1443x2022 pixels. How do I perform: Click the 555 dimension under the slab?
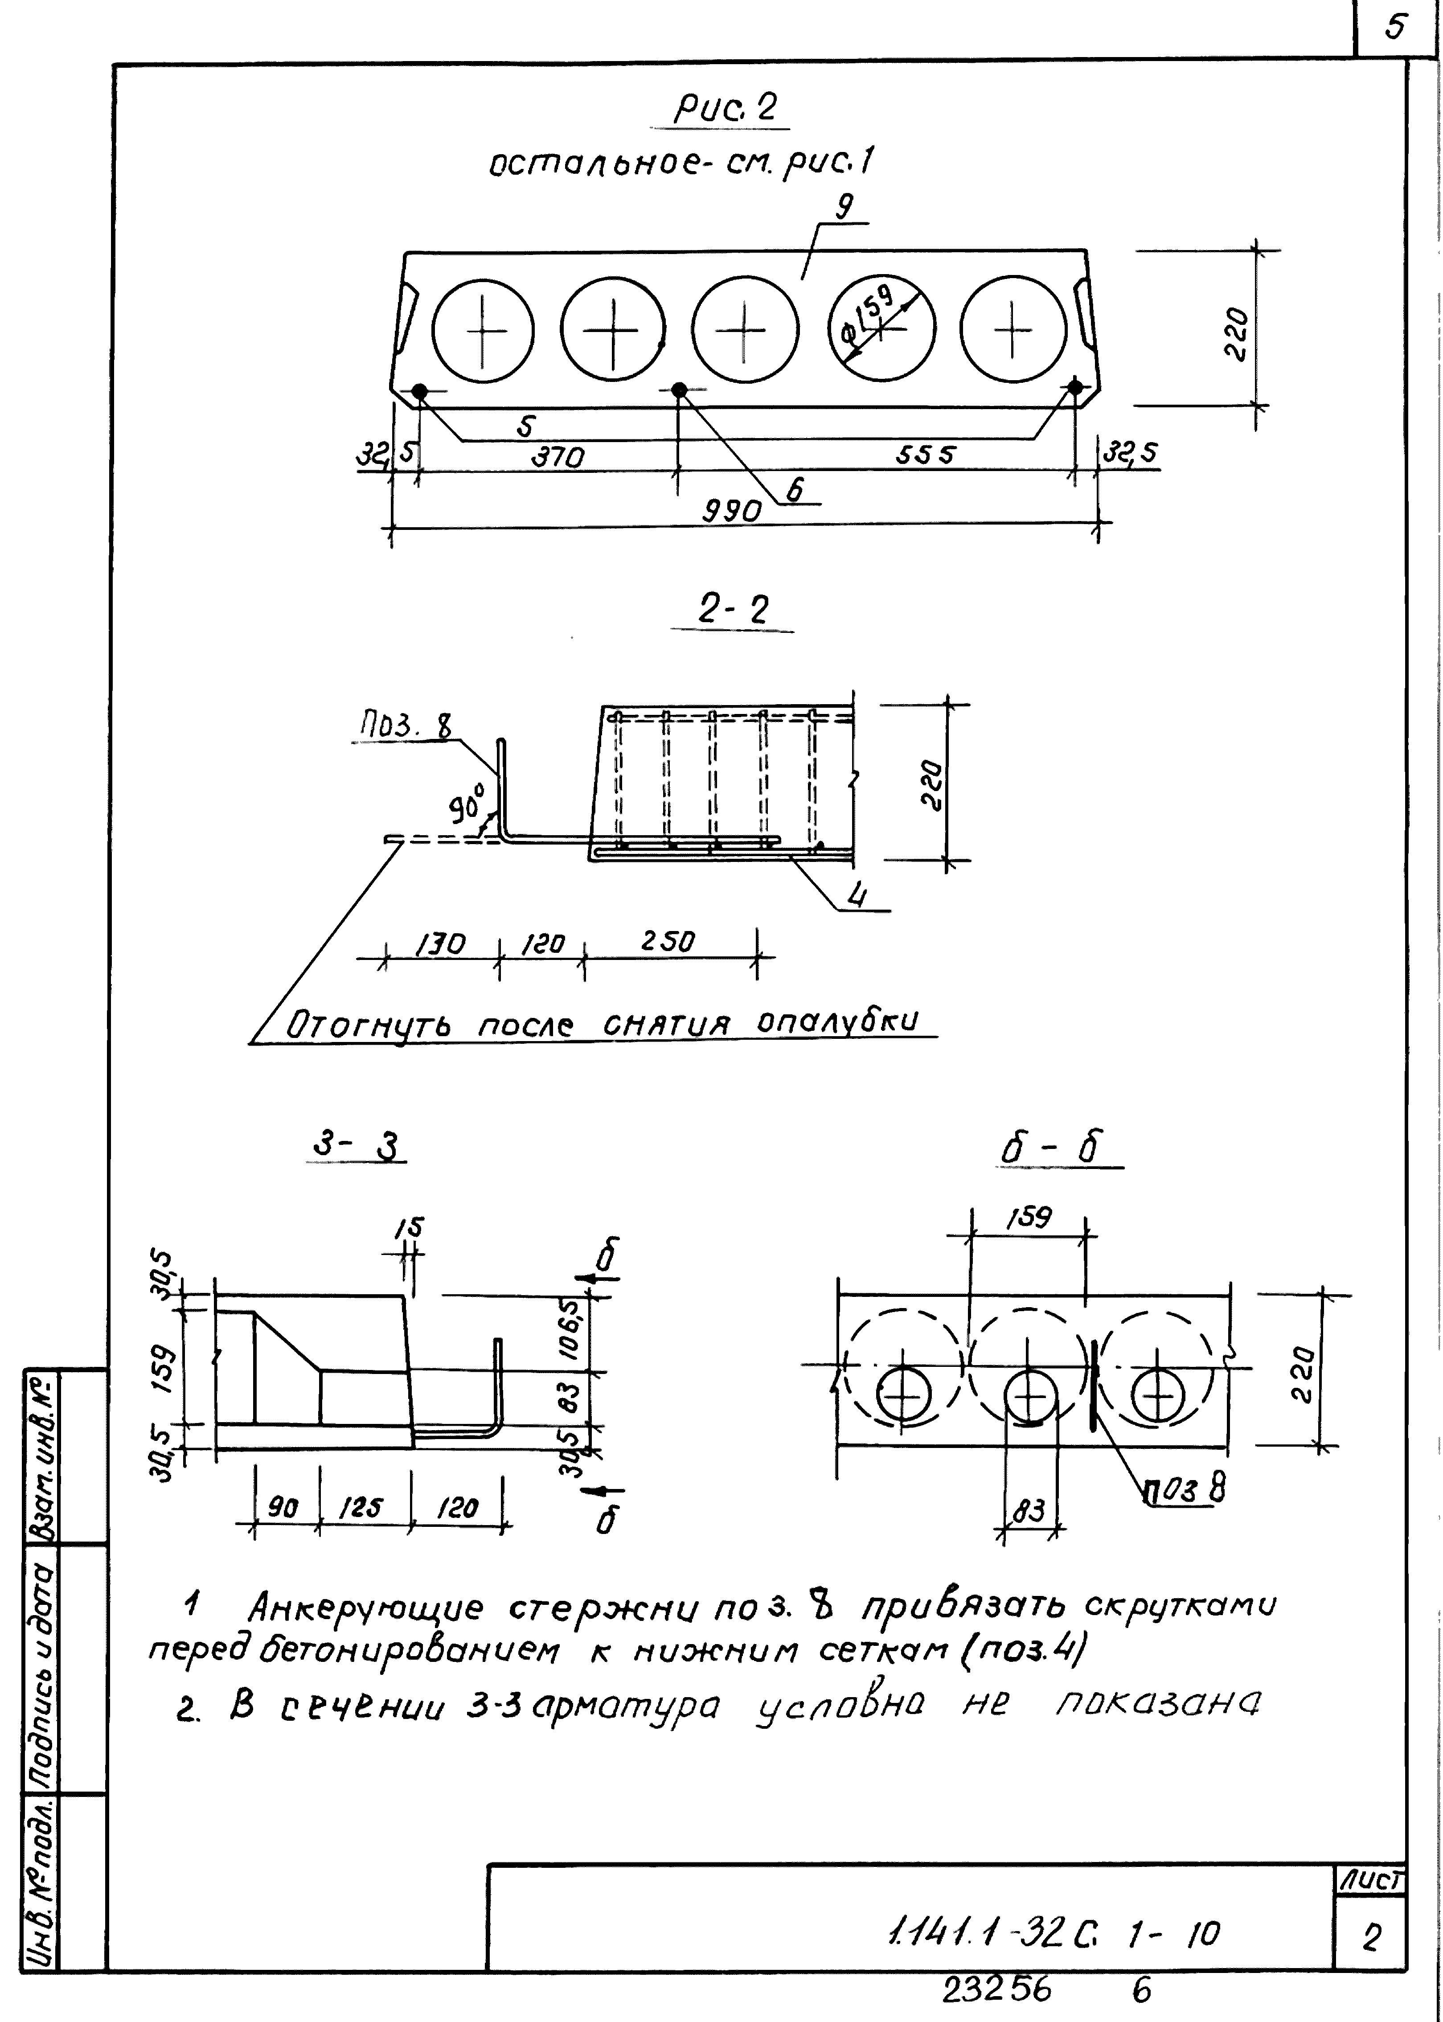[x=924, y=455]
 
